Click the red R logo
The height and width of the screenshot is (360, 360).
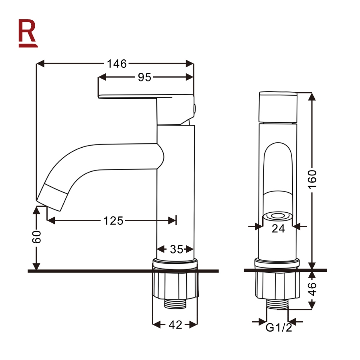[28, 33]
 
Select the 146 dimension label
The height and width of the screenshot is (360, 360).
[117, 64]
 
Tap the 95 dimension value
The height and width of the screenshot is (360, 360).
[144, 77]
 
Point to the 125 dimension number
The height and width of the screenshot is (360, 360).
[113, 221]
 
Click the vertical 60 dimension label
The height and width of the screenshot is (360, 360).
[37, 237]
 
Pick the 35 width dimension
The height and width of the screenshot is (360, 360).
[176, 249]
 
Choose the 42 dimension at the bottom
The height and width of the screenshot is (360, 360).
[175, 325]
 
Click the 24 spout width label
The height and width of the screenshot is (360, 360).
[278, 229]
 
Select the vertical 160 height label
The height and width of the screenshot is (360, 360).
[312, 180]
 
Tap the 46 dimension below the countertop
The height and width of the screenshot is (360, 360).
[312, 289]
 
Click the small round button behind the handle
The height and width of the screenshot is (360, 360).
[195, 109]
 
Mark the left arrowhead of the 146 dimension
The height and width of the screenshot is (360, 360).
[40, 64]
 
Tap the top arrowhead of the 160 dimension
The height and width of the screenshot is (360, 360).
[311, 96]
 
